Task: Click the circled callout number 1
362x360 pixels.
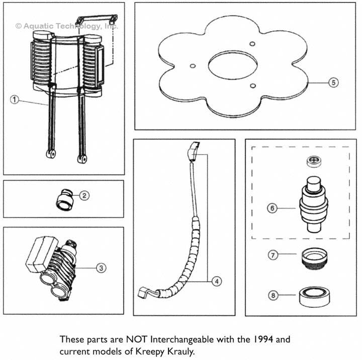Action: coord(15,99)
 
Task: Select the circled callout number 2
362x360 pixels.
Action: coord(84,196)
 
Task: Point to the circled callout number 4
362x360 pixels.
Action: coord(216,282)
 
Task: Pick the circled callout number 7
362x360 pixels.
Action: coord(272,255)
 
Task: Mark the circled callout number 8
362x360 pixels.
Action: coord(273,295)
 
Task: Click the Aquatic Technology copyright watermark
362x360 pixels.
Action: coord(66,25)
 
